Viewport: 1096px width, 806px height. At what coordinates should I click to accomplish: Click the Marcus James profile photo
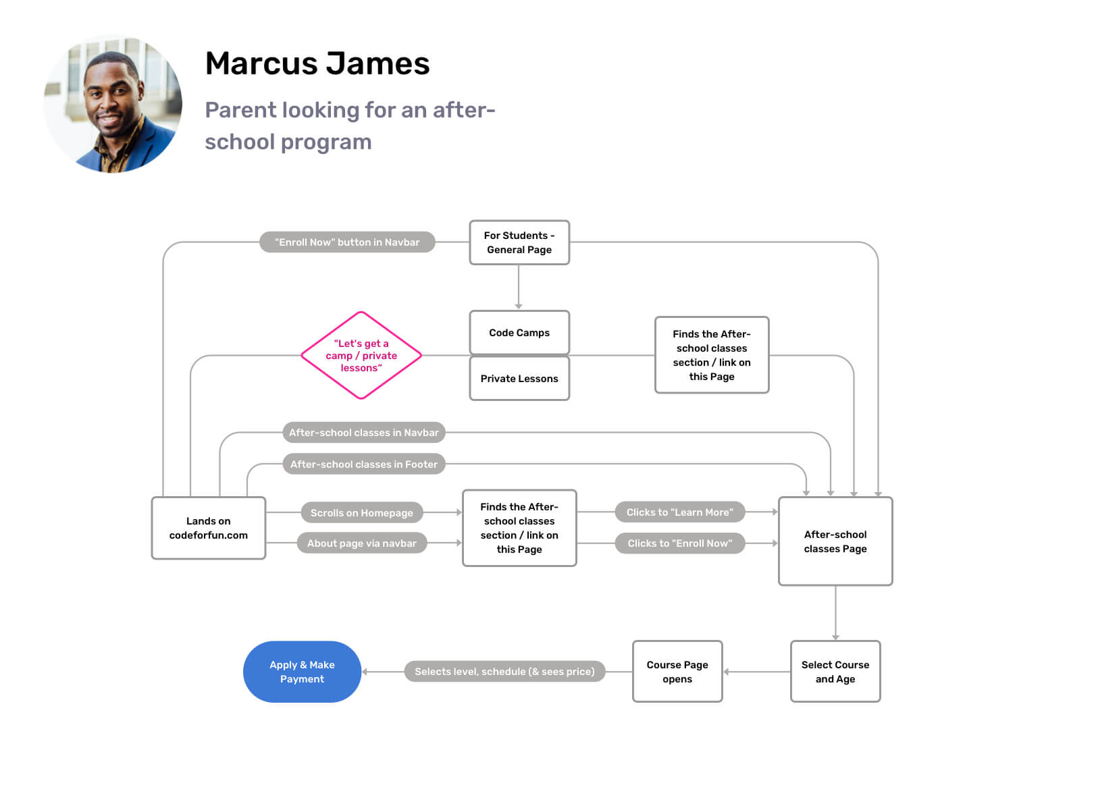(x=113, y=105)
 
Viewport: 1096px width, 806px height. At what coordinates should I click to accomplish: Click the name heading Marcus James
(x=317, y=64)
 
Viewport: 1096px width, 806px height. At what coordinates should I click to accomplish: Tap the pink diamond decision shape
(x=361, y=355)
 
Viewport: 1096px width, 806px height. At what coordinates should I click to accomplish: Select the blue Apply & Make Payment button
(x=302, y=672)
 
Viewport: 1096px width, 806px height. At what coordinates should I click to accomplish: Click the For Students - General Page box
(x=519, y=242)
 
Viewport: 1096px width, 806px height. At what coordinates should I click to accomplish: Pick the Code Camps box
(x=519, y=332)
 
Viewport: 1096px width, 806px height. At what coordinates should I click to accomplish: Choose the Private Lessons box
(x=519, y=379)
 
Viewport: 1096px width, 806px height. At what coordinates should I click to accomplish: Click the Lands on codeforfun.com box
(x=208, y=528)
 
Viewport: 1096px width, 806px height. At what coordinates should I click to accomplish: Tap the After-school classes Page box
(x=835, y=541)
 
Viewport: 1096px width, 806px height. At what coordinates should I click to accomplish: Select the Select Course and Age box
(x=835, y=672)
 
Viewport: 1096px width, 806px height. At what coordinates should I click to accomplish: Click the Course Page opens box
(x=677, y=672)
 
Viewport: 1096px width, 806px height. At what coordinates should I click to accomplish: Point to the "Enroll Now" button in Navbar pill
(x=347, y=242)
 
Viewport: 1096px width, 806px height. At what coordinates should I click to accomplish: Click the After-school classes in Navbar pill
(x=364, y=433)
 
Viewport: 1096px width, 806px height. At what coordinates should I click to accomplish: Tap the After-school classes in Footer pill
(x=364, y=464)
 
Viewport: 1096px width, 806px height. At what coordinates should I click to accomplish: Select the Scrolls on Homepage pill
(x=362, y=513)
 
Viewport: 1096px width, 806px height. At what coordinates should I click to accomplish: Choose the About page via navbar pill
(x=362, y=543)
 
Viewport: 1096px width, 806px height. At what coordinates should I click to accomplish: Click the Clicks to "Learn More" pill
(x=680, y=512)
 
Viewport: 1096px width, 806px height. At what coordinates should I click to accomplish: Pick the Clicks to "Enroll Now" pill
(x=680, y=543)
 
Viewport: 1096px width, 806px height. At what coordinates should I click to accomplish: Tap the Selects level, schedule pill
(x=504, y=672)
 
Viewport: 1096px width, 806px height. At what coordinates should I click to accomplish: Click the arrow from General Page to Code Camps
(x=519, y=288)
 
